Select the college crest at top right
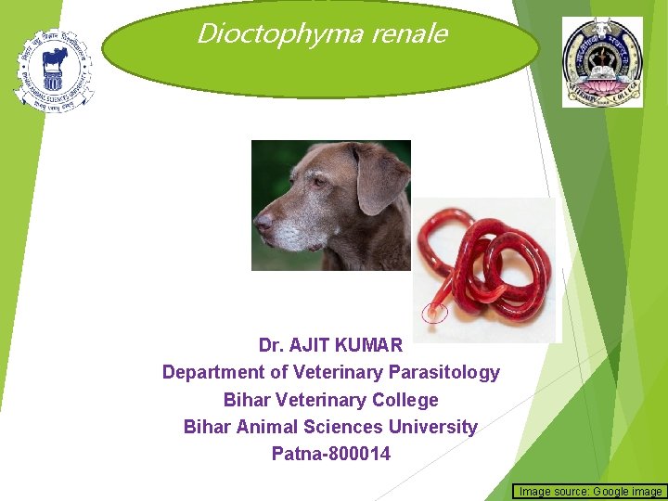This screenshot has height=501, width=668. point(602,62)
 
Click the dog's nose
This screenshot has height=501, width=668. point(263,224)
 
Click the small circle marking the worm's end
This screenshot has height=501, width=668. point(435,313)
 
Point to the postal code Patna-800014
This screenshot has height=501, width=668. point(331,455)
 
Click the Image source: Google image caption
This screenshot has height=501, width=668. point(590,491)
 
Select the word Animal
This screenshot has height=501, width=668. point(265,427)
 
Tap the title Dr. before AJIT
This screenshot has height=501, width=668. point(271,346)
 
